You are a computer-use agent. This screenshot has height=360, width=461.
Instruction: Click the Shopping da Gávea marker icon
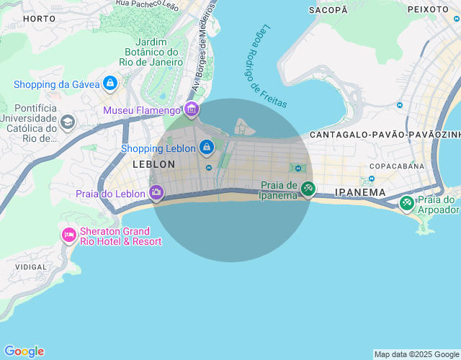click(109, 84)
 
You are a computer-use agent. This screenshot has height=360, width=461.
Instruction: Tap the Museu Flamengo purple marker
click(192, 109)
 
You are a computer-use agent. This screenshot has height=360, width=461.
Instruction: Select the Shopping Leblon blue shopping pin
click(207, 148)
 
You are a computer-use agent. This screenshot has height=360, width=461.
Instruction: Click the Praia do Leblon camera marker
click(156, 192)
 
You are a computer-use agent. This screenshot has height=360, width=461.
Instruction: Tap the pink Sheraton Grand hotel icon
click(69, 235)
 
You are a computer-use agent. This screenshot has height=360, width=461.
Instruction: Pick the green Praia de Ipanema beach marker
click(308, 189)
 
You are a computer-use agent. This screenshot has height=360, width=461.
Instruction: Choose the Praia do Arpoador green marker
click(407, 204)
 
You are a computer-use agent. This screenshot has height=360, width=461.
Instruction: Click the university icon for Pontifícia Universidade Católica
click(68, 122)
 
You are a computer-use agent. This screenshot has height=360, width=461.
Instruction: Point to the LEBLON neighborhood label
click(153, 164)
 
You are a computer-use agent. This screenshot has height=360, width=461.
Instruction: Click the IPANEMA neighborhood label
click(360, 193)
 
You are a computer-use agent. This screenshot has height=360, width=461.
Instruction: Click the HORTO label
click(39, 18)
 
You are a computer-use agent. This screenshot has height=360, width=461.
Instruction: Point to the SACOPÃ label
click(328, 9)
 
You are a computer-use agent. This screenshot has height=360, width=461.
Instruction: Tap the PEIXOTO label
click(428, 9)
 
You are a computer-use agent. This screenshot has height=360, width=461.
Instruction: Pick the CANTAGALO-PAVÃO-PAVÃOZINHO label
click(385, 135)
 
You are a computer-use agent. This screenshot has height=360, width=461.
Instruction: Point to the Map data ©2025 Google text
click(416, 354)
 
